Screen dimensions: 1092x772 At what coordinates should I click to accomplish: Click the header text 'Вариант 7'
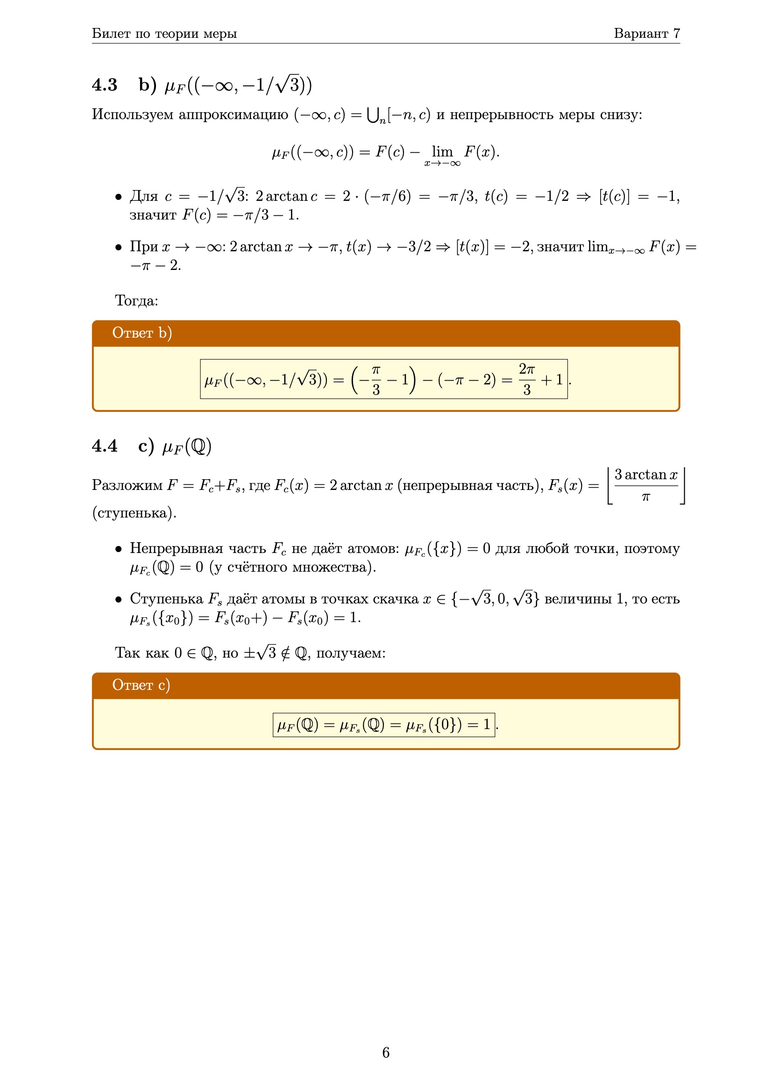[646, 33]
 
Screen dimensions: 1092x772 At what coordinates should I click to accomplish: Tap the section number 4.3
[105, 85]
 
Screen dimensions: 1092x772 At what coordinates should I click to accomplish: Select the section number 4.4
[105, 446]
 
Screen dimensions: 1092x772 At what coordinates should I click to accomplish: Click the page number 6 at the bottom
[386, 1052]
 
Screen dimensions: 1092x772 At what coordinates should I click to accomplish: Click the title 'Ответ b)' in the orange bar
[142, 333]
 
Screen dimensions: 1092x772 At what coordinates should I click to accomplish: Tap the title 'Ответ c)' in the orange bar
[141, 685]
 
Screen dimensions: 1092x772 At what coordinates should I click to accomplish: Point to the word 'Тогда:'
[136, 301]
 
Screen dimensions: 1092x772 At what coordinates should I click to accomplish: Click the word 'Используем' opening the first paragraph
[132, 114]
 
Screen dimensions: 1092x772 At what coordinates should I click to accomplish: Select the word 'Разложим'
[127, 485]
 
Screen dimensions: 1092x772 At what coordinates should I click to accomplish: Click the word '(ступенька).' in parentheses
[134, 513]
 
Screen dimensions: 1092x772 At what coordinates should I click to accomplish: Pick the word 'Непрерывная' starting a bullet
[176, 548]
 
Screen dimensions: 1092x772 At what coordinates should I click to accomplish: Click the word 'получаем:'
[351, 653]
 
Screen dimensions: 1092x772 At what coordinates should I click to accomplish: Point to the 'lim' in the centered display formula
[442, 152]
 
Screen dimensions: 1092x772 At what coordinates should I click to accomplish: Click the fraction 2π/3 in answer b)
[526, 379]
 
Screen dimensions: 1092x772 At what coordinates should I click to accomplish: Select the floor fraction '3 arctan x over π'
[645, 485]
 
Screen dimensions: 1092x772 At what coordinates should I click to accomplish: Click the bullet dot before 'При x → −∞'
[119, 248]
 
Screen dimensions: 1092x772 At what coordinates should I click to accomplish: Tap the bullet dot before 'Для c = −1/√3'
[119, 197]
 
